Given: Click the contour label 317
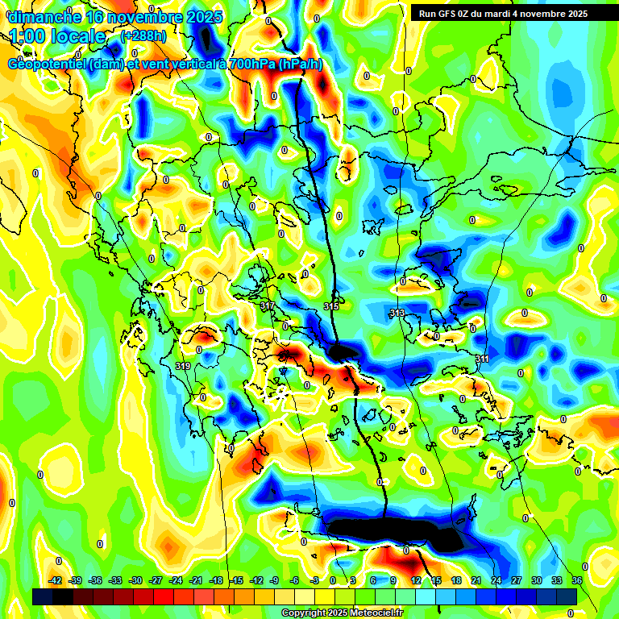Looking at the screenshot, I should (x=268, y=306).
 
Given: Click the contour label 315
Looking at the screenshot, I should (x=331, y=306).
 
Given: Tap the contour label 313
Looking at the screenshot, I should (x=397, y=313).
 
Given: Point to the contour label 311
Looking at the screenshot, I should (x=482, y=358).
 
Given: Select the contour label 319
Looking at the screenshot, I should (x=183, y=366).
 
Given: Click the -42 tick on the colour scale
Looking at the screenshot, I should (x=56, y=580).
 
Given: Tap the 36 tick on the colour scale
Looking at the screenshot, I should (x=577, y=580).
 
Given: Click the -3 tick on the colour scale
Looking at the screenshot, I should (x=316, y=580).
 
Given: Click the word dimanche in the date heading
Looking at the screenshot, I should (x=42, y=16).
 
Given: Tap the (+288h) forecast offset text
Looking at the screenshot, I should (x=144, y=36).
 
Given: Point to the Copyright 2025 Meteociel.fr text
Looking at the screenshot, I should (x=342, y=613).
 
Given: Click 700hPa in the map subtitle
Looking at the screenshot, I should (x=247, y=64).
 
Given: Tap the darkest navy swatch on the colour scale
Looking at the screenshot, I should (x=43, y=596).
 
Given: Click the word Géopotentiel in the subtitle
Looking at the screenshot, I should (x=48, y=64).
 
